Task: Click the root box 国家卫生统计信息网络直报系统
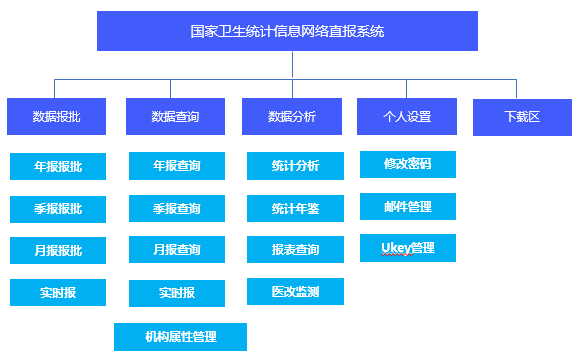[x=287, y=31]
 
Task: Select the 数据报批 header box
[x=56, y=116]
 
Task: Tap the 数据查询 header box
[x=175, y=116]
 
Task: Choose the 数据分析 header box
[x=292, y=116]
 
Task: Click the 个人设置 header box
[x=407, y=116]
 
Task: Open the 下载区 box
[x=522, y=116]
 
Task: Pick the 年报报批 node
[x=58, y=166]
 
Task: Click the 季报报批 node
[x=58, y=208]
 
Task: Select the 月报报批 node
[x=58, y=250]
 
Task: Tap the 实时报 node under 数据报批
[x=58, y=292]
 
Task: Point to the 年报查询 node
[x=177, y=166]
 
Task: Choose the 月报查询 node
[x=177, y=250]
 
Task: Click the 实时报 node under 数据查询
[x=177, y=293]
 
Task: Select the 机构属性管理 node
[x=180, y=336]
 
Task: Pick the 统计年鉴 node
[x=295, y=208]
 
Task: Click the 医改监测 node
[x=295, y=292]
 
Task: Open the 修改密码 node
[x=408, y=164]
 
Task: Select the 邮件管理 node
[x=408, y=206]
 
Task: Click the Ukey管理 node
[x=408, y=248]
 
